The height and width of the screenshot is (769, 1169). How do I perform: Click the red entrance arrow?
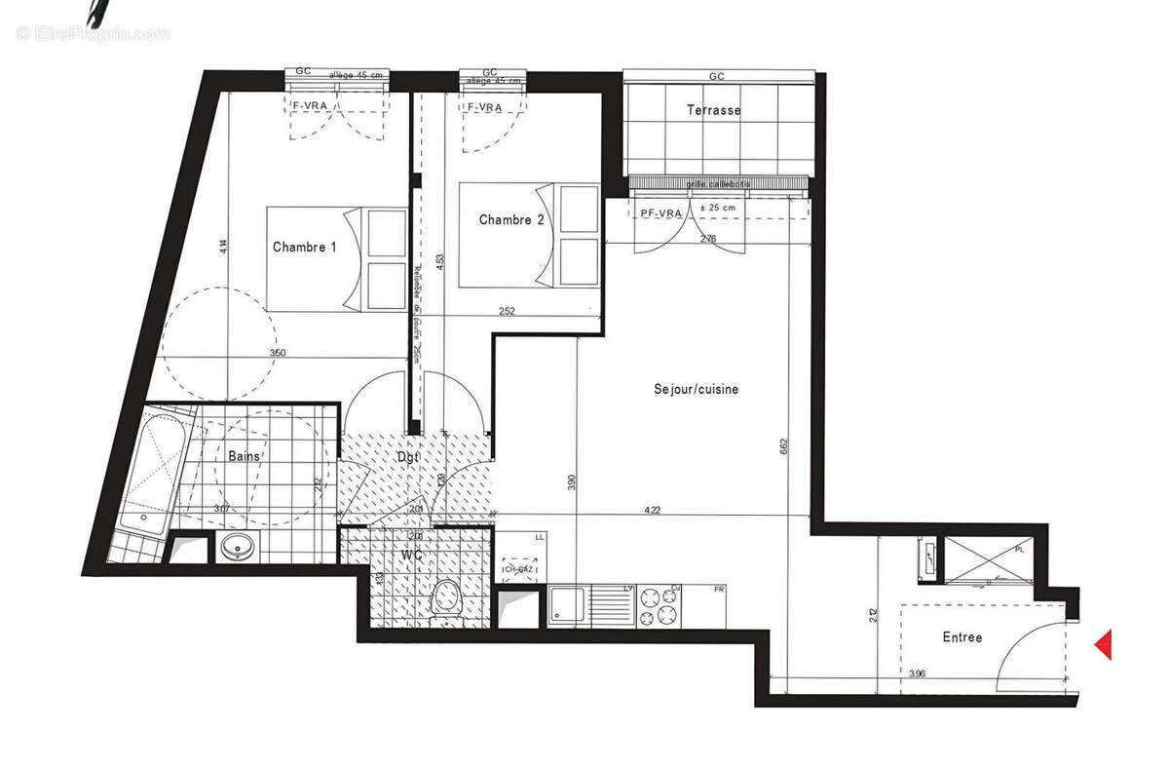(x=1104, y=644)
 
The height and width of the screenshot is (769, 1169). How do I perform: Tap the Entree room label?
(x=962, y=637)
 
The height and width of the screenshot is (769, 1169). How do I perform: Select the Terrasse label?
(x=714, y=110)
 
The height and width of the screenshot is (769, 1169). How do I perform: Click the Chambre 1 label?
(x=304, y=248)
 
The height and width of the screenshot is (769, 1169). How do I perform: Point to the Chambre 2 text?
(x=511, y=220)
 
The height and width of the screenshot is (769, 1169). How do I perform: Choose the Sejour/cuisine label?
(x=696, y=389)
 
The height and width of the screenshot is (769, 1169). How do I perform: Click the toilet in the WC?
(x=446, y=597)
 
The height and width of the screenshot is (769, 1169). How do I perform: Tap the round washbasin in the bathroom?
(x=237, y=548)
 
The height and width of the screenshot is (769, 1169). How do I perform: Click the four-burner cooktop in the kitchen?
(x=660, y=606)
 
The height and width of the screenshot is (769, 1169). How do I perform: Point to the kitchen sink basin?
(x=564, y=606)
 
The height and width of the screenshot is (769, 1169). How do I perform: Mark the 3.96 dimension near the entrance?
(x=916, y=673)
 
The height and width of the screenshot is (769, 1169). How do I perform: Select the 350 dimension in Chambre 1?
(x=277, y=354)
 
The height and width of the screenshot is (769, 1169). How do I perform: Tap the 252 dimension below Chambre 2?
(x=506, y=312)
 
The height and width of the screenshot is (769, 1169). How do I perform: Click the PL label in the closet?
(x=1019, y=550)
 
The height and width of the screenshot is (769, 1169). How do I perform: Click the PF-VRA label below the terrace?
(x=660, y=212)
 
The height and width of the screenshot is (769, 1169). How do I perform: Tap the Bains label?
(x=244, y=456)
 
